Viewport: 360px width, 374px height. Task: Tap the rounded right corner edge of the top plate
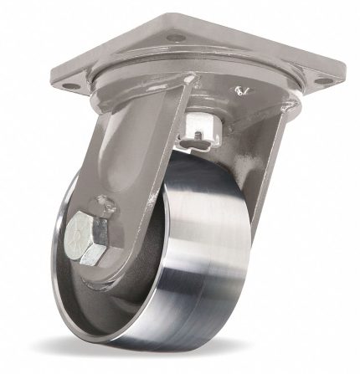[x=341, y=79]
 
